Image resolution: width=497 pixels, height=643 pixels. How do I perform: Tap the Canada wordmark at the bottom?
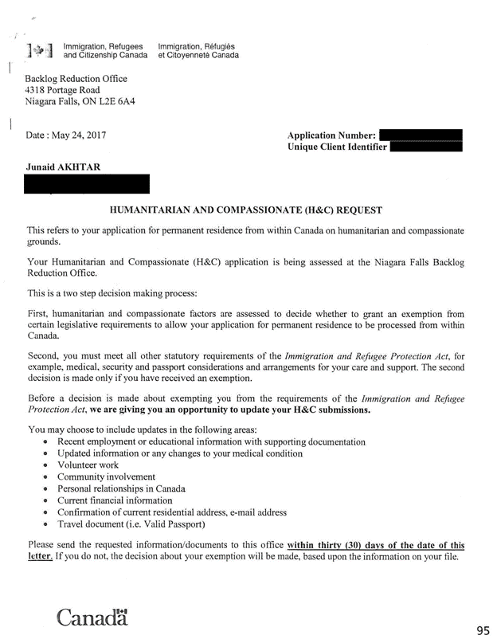point(92,617)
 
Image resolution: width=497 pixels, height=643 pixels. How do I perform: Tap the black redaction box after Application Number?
point(421,135)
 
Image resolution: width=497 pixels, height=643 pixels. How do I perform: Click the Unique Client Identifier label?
point(337,147)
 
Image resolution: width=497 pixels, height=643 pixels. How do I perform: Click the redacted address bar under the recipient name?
point(88,184)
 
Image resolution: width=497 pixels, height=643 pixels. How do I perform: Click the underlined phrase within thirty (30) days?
point(344,545)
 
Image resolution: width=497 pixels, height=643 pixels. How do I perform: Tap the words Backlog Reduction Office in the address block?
point(76,79)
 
